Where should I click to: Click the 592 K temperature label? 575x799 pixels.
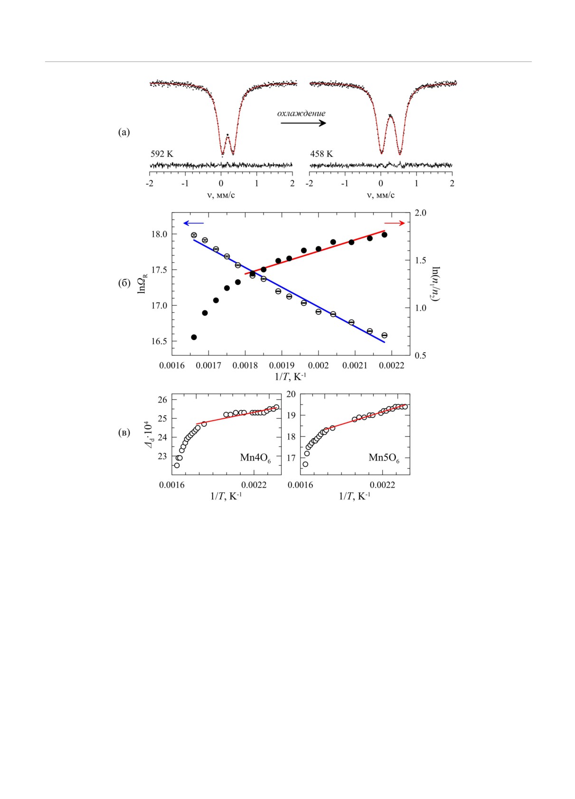click(x=162, y=154)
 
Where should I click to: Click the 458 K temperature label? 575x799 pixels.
click(x=321, y=154)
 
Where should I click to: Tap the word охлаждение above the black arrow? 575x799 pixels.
click(x=302, y=113)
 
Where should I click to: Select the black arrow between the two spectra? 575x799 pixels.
click(x=303, y=123)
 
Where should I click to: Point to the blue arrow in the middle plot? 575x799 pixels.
click(x=193, y=223)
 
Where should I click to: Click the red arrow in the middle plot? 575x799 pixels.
click(x=395, y=223)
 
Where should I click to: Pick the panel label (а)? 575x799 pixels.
click(x=124, y=132)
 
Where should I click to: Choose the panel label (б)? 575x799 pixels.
click(x=124, y=283)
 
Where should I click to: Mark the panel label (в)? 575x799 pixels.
click(x=124, y=432)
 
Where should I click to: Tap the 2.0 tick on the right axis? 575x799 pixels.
click(x=421, y=213)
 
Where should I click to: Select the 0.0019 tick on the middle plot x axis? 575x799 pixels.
click(x=282, y=366)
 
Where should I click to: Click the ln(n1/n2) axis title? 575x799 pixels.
click(x=434, y=284)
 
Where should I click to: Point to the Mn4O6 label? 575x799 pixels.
click(x=255, y=458)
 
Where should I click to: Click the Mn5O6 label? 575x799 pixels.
click(x=384, y=458)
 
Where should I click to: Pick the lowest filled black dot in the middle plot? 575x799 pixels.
click(x=194, y=337)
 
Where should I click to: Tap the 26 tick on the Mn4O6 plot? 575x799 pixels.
click(x=163, y=400)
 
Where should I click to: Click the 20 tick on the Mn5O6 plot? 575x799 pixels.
click(x=291, y=394)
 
